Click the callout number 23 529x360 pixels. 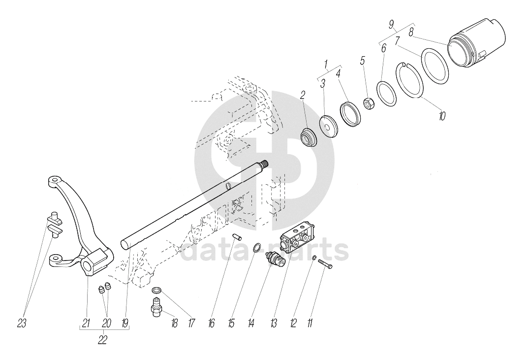click(22, 324)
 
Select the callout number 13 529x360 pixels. click(273, 324)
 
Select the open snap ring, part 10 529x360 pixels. click(409, 79)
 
